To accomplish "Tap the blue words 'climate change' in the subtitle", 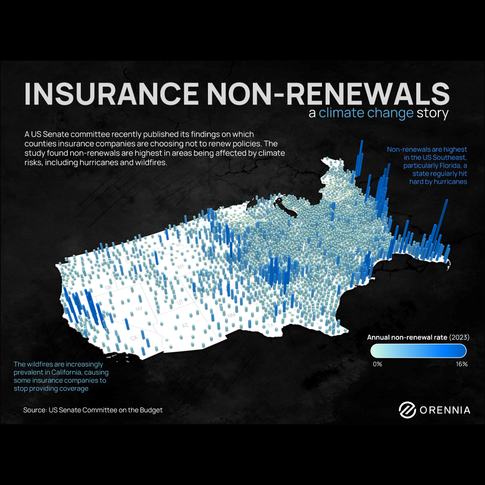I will tap(366, 113).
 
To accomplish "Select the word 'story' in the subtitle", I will tap(432, 113).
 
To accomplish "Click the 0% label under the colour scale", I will tap(377, 364).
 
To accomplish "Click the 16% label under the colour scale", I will tap(462, 364).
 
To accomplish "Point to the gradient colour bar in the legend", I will tap(419, 350).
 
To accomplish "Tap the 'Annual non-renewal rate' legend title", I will tap(406, 337).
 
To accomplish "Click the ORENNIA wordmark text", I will tap(445, 410).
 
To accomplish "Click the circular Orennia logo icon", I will tap(407, 410).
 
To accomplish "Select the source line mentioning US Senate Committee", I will tap(93, 410).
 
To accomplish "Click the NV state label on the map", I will tap(138, 309).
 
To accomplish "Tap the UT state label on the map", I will tap(180, 303).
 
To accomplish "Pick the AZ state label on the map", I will tap(185, 325).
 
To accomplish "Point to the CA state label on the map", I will tap(133, 338).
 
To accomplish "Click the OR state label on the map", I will tap(108, 287).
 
